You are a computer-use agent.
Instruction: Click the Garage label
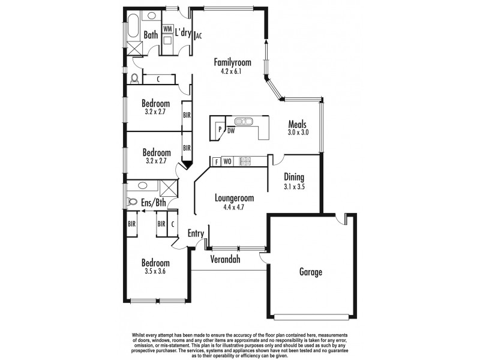point(311,272)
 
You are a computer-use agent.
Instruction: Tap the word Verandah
point(225,260)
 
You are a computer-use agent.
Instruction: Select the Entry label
point(196,233)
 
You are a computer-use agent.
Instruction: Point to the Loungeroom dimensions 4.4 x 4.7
point(231,207)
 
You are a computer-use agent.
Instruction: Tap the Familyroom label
point(232,62)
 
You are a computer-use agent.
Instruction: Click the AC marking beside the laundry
point(199,35)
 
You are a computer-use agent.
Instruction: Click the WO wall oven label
point(227,161)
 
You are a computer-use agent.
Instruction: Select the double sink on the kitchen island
point(245,121)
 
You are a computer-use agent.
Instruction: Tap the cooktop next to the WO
point(245,161)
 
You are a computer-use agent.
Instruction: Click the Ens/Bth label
point(154,203)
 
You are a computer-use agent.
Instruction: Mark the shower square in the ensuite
point(169,188)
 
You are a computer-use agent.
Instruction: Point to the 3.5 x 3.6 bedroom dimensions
point(155,272)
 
